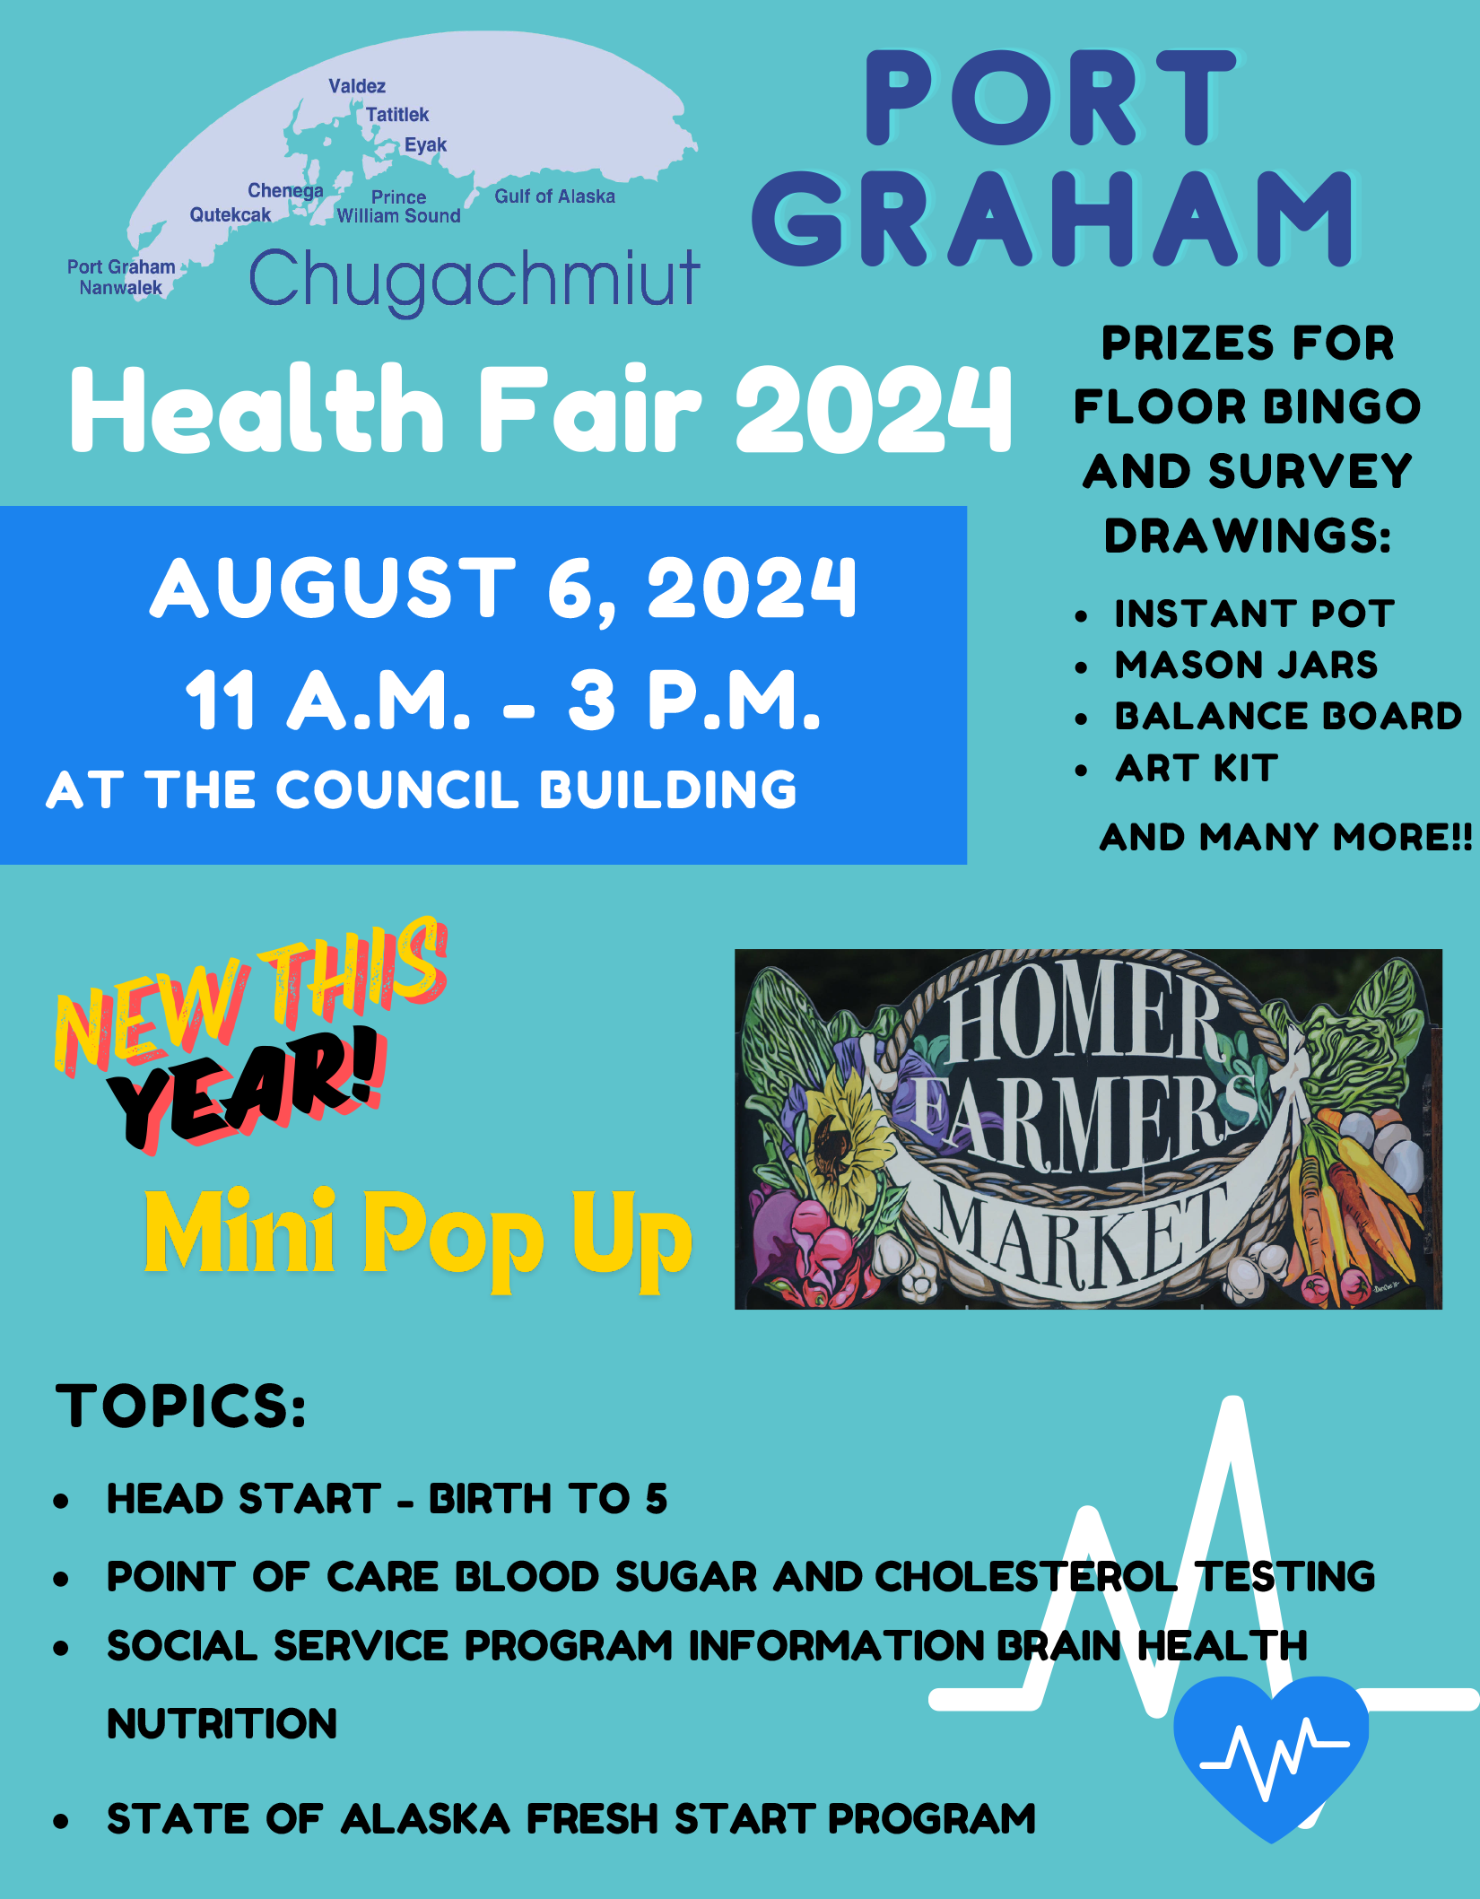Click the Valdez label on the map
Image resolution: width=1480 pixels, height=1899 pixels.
(x=357, y=86)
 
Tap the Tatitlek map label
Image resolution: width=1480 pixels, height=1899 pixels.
(x=397, y=115)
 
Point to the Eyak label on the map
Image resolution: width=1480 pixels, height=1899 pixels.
(x=425, y=145)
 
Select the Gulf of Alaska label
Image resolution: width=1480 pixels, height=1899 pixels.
(x=555, y=196)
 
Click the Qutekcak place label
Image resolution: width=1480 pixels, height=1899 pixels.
(x=231, y=215)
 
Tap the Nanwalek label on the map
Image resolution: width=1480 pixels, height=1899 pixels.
(x=121, y=288)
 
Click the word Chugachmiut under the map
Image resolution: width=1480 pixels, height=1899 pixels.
(x=474, y=280)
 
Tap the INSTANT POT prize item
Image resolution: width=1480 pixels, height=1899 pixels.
(x=1254, y=614)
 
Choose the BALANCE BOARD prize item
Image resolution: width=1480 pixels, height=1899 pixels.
(x=1288, y=717)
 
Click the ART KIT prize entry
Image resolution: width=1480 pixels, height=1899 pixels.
(x=1197, y=769)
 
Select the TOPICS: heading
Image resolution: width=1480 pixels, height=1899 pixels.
(x=181, y=1406)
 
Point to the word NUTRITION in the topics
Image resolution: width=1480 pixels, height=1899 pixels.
(x=222, y=1724)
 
